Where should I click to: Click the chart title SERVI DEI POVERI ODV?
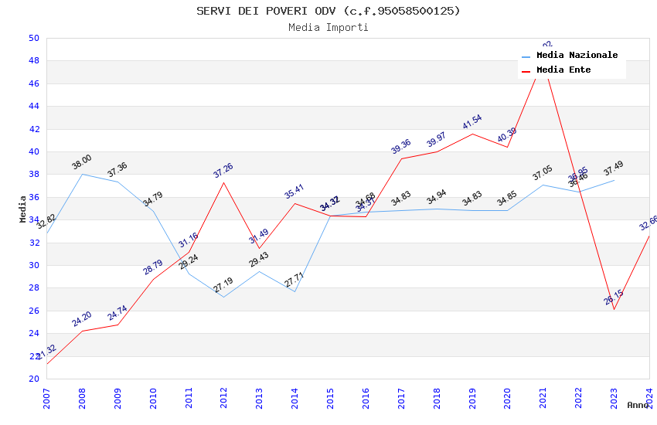tap(328, 11)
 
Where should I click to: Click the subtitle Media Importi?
tap(328, 28)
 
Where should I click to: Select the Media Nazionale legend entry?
tap(577, 56)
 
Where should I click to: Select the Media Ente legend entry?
tap(563, 70)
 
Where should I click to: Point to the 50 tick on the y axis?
tap(33, 38)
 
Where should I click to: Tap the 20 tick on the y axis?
tap(33, 379)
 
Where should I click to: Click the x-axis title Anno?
tap(638, 405)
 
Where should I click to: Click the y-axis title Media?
tap(23, 209)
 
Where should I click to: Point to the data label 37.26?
tap(223, 171)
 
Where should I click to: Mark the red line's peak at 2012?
tap(224, 182)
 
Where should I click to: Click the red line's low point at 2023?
tap(614, 309)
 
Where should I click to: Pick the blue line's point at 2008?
tap(82, 174)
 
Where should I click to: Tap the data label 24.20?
tap(82, 319)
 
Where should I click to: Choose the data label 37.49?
tap(614, 168)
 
